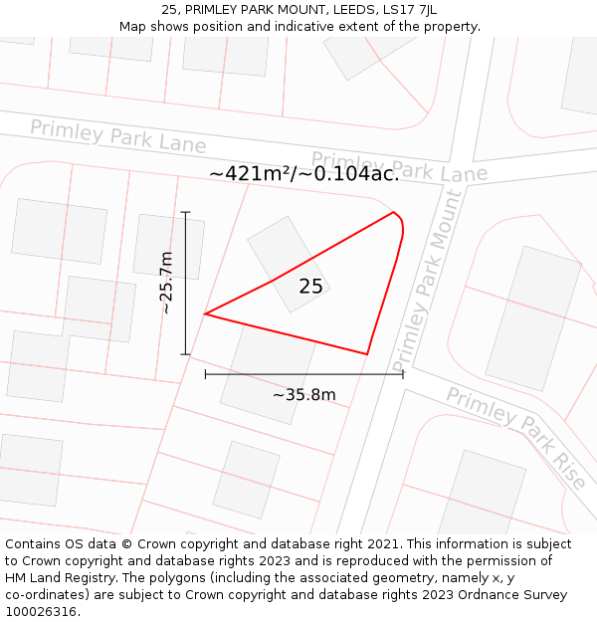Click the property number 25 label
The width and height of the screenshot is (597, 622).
[x=310, y=287]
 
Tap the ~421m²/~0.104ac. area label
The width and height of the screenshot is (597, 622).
[x=303, y=173]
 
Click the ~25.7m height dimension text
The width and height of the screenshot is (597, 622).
[x=167, y=283]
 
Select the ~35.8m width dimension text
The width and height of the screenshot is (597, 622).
[x=304, y=395]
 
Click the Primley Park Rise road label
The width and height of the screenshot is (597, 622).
[x=515, y=437]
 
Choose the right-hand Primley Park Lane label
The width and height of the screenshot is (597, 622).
[x=399, y=167]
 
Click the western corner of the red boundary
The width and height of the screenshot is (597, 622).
[x=205, y=314]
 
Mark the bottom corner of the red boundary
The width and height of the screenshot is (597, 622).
[x=367, y=353]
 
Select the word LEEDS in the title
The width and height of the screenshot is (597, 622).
[x=344, y=9]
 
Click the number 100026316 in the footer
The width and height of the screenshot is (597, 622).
[x=42, y=612]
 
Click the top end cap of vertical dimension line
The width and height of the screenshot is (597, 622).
[x=186, y=212]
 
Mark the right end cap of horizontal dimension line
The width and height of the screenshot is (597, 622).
[x=403, y=374]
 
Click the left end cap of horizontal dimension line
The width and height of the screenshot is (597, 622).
[x=205, y=374]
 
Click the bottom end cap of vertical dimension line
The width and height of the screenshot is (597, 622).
[x=186, y=353]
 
